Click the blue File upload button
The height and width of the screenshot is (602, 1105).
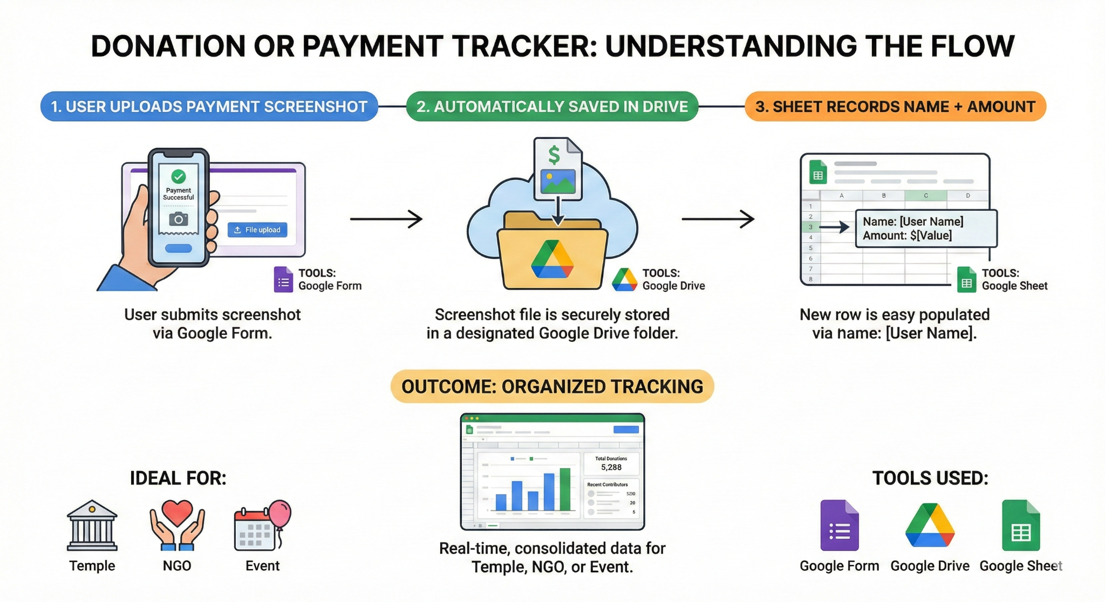[257, 230]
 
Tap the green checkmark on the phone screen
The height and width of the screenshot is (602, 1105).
[179, 176]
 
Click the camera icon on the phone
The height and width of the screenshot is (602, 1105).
[179, 219]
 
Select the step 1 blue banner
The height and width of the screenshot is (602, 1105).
[209, 107]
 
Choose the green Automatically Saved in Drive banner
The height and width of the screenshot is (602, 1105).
[552, 107]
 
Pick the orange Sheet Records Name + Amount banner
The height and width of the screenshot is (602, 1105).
[895, 107]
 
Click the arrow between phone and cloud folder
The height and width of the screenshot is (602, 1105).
[386, 219]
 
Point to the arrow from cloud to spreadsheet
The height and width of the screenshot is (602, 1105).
[718, 219]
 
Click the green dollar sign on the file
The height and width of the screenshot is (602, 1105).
[554, 155]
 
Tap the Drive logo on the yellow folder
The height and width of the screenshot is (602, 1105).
[552, 260]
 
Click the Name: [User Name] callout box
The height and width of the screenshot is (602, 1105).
[926, 229]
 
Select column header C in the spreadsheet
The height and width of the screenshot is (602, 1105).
[926, 196]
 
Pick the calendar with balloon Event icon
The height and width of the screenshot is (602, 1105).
[262, 525]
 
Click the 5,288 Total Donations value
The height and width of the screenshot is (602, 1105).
[611, 467]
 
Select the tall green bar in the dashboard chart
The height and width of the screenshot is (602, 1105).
[565, 489]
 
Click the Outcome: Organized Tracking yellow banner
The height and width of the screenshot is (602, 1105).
[552, 386]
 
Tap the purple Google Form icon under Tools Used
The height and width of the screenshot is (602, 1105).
[839, 525]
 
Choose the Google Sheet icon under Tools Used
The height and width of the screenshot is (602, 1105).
[1020, 525]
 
